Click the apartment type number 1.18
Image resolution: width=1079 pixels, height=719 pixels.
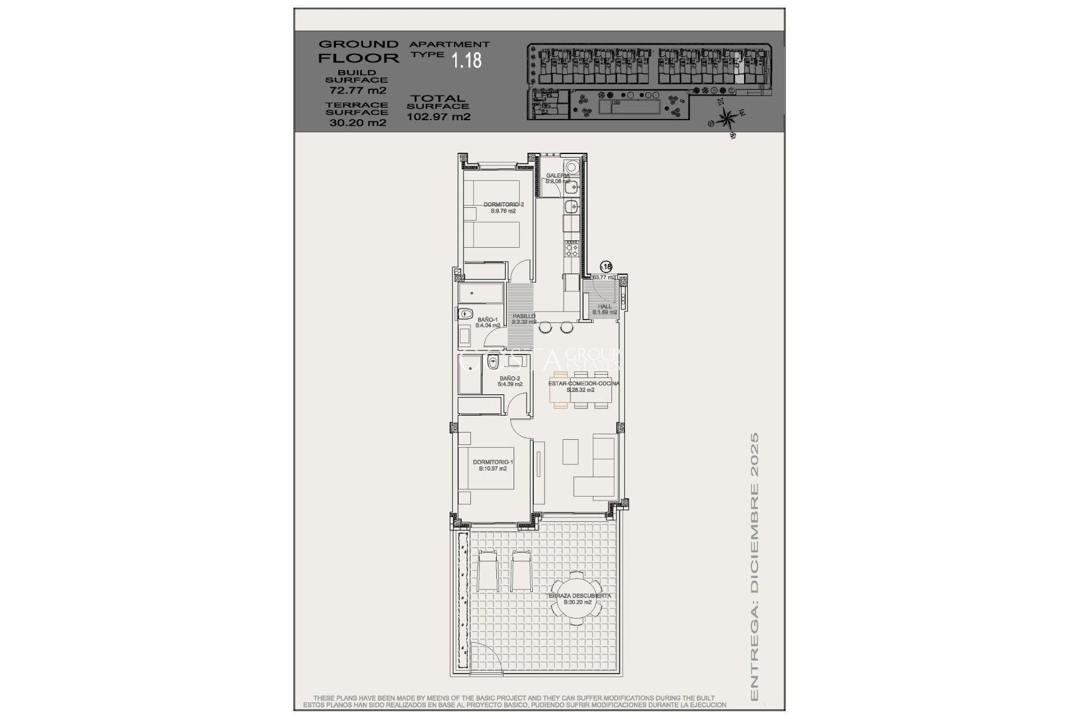coord(467,60)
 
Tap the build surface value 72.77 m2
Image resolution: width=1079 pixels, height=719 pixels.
coord(357,90)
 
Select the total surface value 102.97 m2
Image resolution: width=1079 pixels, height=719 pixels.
coord(438,117)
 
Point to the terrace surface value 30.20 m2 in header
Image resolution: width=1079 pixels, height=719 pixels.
coord(357,122)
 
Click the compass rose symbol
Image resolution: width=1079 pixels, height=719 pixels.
coord(727,119)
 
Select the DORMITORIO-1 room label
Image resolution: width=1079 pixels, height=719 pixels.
coord(493,465)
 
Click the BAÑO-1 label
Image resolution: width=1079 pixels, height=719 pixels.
coord(487,322)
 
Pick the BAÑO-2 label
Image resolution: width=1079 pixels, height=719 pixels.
coord(510,381)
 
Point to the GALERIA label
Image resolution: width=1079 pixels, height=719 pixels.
coord(557,178)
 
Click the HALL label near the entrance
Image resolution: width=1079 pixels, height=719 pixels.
coord(604,309)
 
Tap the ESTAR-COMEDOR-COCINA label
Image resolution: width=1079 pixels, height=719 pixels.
coord(583,386)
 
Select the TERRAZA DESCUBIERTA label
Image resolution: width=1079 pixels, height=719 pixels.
coord(579,599)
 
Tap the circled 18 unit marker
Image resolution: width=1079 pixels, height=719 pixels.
coord(606,267)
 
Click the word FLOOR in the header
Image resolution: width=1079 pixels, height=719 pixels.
coord(359,58)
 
